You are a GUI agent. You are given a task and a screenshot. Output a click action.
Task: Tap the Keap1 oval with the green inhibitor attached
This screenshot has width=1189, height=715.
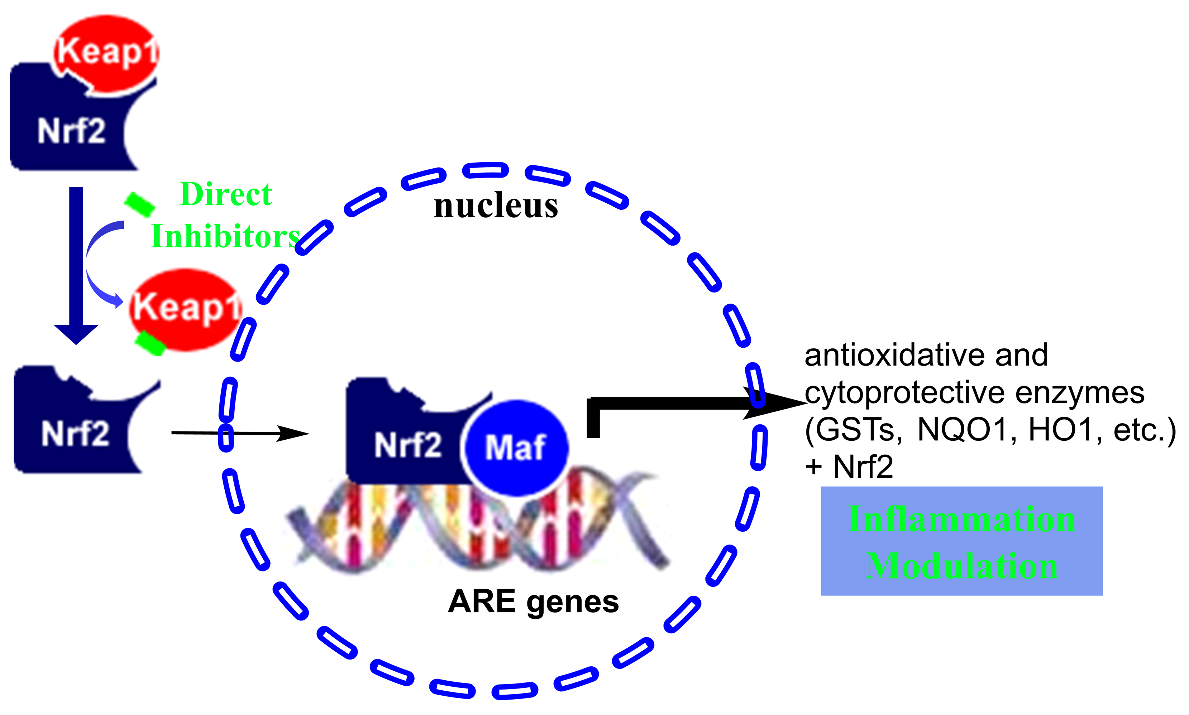pyautogui.click(x=186, y=308)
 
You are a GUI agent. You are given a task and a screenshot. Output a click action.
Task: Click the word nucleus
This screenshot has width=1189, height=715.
pyautogui.click(x=496, y=206)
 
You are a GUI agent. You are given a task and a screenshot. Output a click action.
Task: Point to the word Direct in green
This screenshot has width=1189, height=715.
pyautogui.click(x=226, y=194)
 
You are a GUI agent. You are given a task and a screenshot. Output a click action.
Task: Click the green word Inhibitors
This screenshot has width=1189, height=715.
pyautogui.click(x=226, y=237)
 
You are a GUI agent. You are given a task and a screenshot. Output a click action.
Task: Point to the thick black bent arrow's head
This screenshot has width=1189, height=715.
pyautogui.click(x=776, y=403)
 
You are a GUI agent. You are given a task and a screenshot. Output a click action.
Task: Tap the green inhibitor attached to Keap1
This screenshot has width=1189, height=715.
pyautogui.click(x=151, y=343)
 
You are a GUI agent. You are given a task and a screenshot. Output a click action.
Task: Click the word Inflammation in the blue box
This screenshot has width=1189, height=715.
pyautogui.click(x=961, y=520)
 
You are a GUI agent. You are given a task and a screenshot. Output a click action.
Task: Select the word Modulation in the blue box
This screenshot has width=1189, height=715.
pyautogui.click(x=961, y=566)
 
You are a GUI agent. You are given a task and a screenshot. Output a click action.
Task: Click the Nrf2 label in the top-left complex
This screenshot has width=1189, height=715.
pyautogui.click(x=71, y=131)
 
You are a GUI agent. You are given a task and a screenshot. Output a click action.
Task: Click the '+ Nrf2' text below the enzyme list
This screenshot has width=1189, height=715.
pyautogui.click(x=849, y=467)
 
